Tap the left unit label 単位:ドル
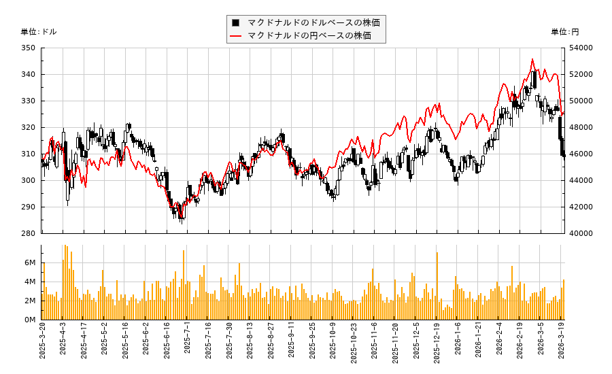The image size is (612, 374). click(x=39, y=32)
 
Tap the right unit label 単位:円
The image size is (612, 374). click(x=565, y=32)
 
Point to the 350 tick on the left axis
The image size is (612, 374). click(x=28, y=48)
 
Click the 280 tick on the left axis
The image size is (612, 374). click(x=28, y=233)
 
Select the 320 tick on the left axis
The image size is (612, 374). click(x=28, y=127)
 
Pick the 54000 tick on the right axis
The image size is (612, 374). click(x=582, y=48)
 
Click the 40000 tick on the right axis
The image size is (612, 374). click(x=582, y=233)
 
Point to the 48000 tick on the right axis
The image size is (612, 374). click(x=582, y=127)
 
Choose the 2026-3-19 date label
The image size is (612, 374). click(x=563, y=343)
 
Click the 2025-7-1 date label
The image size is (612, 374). click(x=187, y=343)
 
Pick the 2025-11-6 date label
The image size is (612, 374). click(x=374, y=343)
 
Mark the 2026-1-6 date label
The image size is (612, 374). click(x=457, y=343)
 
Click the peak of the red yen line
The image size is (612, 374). click(x=532, y=59)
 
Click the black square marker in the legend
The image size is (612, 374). click(x=236, y=22)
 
